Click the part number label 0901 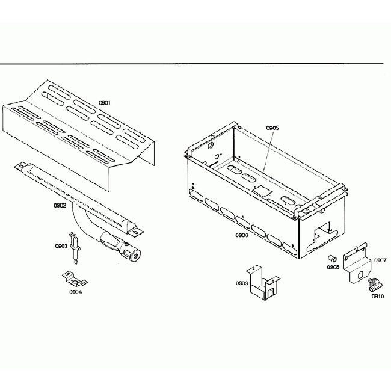[105, 103]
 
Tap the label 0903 [61, 246]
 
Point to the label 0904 [76, 292]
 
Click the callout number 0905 [272, 128]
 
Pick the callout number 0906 [241, 235]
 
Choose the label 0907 [380, 260]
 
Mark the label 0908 [333, 267]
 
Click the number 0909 [242, 283]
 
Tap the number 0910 [377, 296]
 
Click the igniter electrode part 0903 [75, 247]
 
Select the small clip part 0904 [73, 279]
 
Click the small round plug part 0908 [331, 257]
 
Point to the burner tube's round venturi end [136, 255]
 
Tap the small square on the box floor [262, 189]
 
